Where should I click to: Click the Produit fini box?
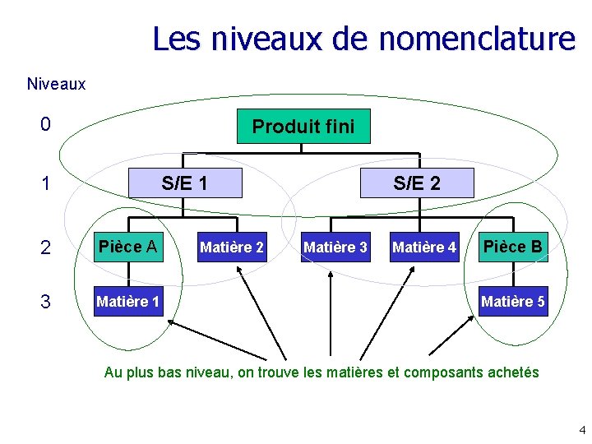(x=303, y=127)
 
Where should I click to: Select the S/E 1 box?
(x=185, y=183)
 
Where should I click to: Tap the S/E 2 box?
(x=417, y=183)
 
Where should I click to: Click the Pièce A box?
(x=127, y=246)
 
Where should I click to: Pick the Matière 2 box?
(x=232, y=246)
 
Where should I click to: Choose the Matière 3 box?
(x=335, y=246)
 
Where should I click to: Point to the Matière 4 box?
(x=424, y=246)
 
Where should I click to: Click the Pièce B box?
(x=512, y=246)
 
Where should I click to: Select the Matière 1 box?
(x=127, y=302)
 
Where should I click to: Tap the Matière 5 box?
(x=512, y=302)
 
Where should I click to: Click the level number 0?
(x=46, y=125)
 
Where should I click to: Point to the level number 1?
(x=46, y=183)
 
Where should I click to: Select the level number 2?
(x=46, y=246)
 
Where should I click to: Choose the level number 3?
(x=46, y=302)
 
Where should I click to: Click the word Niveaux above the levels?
(x=56, y=84)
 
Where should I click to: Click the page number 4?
(x=581, y=429)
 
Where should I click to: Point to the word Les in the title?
(x=176, y=39)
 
